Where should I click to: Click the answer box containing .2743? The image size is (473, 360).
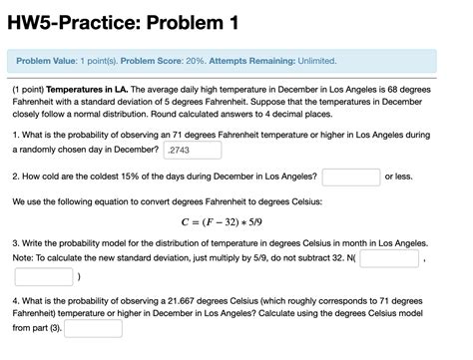pos(192,150)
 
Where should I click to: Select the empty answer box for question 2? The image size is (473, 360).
pos(350,177)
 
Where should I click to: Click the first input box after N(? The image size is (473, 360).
pos(388,258)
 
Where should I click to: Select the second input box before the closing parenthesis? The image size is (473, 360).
pos(43,276)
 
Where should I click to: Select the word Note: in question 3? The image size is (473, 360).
pos(24,258)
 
